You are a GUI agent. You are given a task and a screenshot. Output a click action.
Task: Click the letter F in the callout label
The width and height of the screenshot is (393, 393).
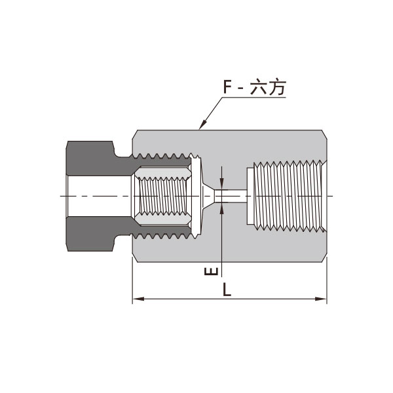227,86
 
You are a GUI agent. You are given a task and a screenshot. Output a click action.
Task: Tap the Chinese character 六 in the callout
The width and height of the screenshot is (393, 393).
258,87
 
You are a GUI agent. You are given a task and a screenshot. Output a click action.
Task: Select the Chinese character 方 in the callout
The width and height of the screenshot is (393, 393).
276,87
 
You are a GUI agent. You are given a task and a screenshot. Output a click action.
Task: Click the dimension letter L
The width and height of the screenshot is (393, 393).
227,289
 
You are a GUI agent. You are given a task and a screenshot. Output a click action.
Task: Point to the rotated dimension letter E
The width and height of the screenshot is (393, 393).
211,271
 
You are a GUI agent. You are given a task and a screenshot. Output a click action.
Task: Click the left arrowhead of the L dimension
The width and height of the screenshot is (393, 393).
138,299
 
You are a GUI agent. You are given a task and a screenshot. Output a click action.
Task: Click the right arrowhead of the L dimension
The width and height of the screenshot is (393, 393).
321,299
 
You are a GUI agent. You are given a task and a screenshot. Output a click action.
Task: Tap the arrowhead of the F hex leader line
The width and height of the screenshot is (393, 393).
203,124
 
